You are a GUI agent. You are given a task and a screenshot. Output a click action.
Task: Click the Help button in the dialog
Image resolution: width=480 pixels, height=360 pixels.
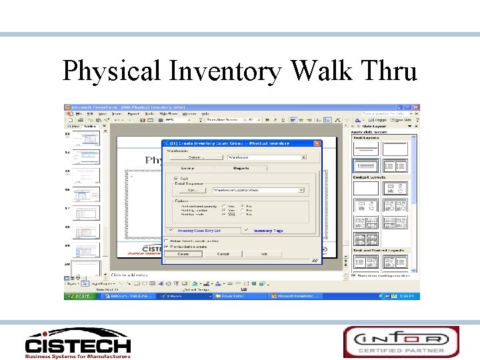click(x=264, y=254)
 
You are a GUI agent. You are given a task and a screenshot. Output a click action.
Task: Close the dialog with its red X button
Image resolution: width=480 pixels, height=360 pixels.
click(x=317, y=143)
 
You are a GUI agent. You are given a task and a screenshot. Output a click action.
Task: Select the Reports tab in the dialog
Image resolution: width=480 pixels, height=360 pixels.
click(x=241, y=168)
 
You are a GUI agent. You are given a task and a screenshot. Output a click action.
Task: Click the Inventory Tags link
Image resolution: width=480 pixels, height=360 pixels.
click(x=268, y=231)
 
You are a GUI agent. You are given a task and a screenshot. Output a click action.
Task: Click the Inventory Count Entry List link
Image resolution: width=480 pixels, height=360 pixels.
click(x=199, y=231)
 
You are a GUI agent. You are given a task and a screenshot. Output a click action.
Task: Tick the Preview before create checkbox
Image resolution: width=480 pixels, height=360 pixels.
click(x=166, y=246)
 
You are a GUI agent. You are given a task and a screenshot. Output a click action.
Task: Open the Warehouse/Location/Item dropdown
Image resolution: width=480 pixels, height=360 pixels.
click(x=301, y=190)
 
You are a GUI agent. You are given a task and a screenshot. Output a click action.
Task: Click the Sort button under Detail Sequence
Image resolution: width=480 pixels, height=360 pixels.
click(x=192, y=190)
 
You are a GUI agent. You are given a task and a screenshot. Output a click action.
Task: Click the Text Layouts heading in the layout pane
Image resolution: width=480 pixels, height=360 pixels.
click(x=365, y=138)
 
